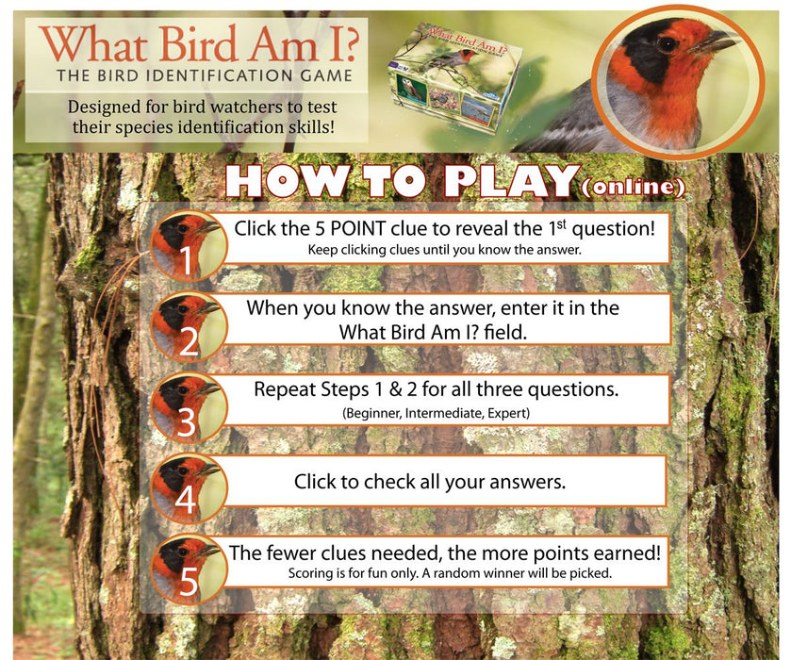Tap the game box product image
(450, 78)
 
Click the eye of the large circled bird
(667, 43)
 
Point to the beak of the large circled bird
(715, 41)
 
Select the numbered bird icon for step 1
(190, 246)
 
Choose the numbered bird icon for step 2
(190, 326)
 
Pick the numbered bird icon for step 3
(190, 406)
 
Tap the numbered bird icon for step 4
(190, 487)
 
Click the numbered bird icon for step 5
(190, 569)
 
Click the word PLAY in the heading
(510, 181)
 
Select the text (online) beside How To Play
(634, 188)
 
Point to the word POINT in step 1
(358, 228)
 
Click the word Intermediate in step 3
(444, 413)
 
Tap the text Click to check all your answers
(430, 482)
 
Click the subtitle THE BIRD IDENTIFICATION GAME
(205, 75)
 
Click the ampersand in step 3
(396, 389)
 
